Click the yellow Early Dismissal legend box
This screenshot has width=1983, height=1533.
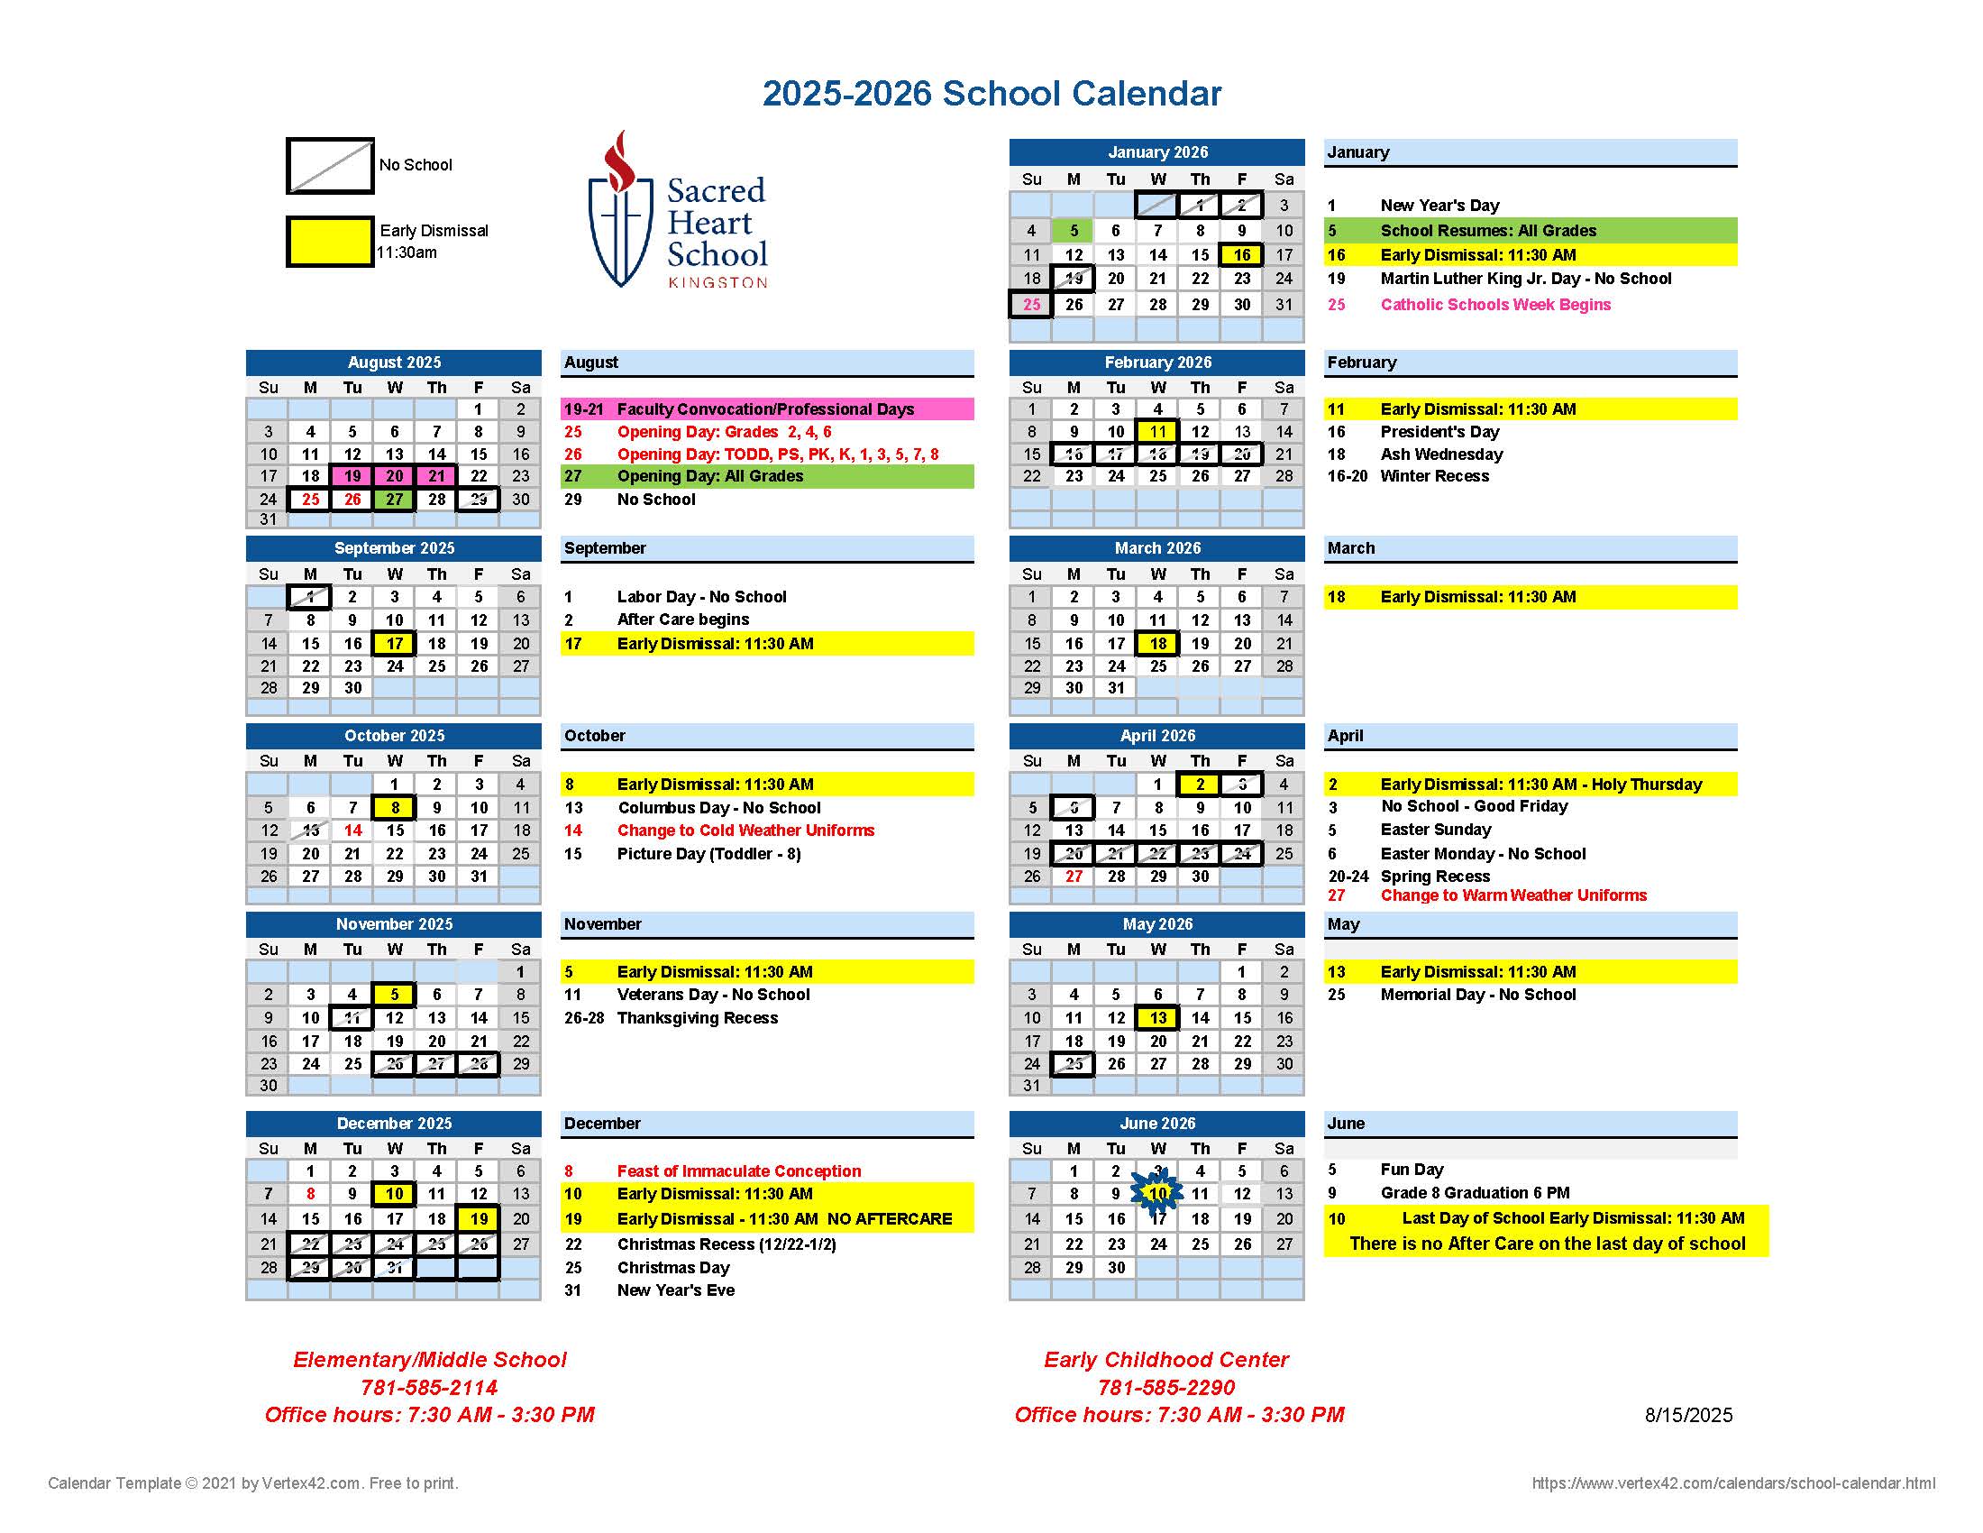331,242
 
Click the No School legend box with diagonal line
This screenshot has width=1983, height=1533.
331,166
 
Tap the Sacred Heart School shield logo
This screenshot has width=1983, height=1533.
621,211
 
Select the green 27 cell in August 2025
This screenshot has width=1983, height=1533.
394,500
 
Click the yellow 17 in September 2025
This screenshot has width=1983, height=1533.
394,644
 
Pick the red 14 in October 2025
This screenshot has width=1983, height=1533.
352,830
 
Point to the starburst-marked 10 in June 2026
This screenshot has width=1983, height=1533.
1157,1193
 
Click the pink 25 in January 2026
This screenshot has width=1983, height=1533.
1031,304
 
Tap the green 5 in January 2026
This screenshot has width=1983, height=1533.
1074,231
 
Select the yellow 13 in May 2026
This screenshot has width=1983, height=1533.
1157,1018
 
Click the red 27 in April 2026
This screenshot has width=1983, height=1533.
1074,877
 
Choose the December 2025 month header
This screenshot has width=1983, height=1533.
394,1124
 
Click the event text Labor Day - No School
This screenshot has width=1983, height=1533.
701,597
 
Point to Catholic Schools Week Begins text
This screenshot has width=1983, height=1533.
1495,304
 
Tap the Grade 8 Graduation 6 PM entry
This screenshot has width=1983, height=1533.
1475,1192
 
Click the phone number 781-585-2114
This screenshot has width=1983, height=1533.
428,1388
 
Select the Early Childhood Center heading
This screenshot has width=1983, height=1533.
1165,1360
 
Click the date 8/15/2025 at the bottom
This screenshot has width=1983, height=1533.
1688,1415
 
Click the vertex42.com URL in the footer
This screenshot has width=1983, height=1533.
1732,1483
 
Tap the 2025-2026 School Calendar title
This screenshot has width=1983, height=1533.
991,94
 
